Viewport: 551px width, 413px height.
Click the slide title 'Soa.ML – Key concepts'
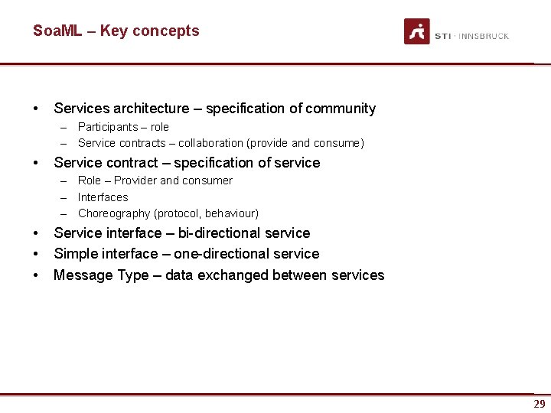(116, 31)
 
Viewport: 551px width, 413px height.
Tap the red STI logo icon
(417, 31)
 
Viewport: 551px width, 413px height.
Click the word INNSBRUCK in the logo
(484, 36)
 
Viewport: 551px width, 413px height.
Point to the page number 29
(540, 404)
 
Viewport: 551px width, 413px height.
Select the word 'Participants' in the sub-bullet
(108, 127)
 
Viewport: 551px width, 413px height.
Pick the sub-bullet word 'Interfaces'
(103, 197)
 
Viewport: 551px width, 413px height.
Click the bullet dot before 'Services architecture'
(36, 109)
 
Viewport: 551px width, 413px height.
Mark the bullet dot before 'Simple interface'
(36, 254)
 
